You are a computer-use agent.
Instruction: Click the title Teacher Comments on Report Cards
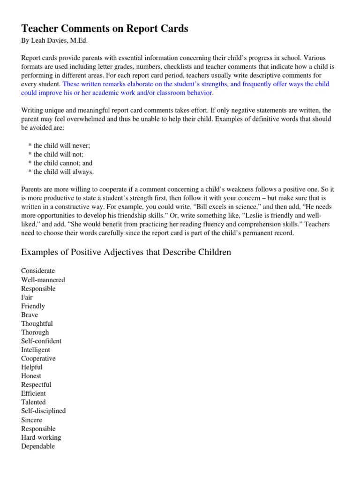(x=105, y=29)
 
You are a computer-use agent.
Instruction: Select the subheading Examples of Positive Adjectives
(x=126, y=252)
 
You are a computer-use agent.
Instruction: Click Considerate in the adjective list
(x=38, y=271)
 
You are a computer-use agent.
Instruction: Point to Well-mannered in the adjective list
(x=43, y=280)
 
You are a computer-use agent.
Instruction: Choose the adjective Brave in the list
(x=30, y=315)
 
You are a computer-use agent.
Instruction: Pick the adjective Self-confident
(x=41, y=341)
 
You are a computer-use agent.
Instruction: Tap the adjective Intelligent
(x=36, y=350)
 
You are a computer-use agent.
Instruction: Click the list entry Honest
(x=31, y=376)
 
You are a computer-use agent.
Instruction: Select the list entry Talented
(x=33, y=402)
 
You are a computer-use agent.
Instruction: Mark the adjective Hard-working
(x=41, y=437)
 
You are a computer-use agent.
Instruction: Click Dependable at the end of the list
(x=38, y=446)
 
